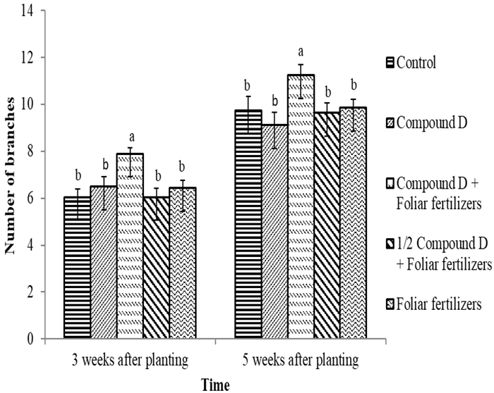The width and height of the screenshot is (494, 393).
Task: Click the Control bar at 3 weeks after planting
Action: click(77, 268)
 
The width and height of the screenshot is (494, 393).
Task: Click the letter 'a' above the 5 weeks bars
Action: click(301, 51)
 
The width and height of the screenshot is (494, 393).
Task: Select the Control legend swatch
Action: click(390, 62)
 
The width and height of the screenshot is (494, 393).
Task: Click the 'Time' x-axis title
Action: click(215, 385)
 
